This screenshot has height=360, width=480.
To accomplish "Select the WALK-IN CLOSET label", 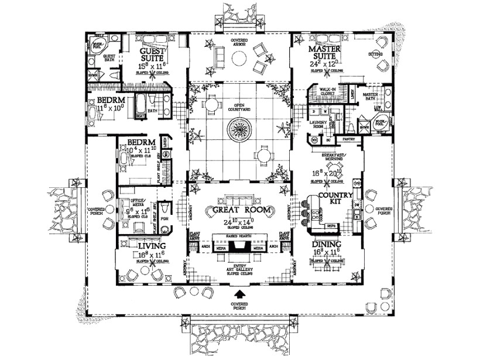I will coord(326,92).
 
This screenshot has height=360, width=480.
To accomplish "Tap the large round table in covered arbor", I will coord(239,59).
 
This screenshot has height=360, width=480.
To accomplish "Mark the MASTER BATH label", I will coord(369,95).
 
